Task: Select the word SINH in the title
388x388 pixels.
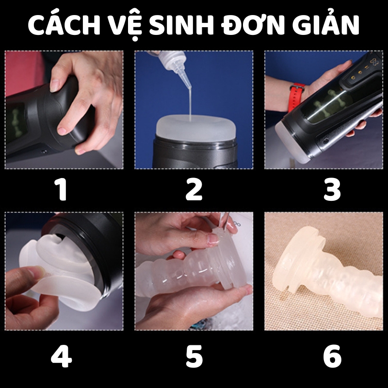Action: pyautogui.click(x=181, y=25)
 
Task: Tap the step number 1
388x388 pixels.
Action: pyautogui.click(x=62, y=190)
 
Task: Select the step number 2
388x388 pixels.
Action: pyautogui.click(x=194, y=190)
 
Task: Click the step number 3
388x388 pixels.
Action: pyautogui.click(x=332, y=190)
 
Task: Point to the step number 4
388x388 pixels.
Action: pyautogui.click(x=61, y=356)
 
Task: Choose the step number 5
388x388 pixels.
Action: pyautogui.click(x=194, y=356)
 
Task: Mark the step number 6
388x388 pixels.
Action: pyautogui.click(x=332, y=356)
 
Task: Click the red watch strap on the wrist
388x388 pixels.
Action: pyautogui.click(x=296, y=97)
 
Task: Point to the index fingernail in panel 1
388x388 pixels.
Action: pyautogui.click(x=55, y=85)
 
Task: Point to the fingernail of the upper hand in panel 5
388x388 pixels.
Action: pyautogui.click(x=213, y=239)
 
